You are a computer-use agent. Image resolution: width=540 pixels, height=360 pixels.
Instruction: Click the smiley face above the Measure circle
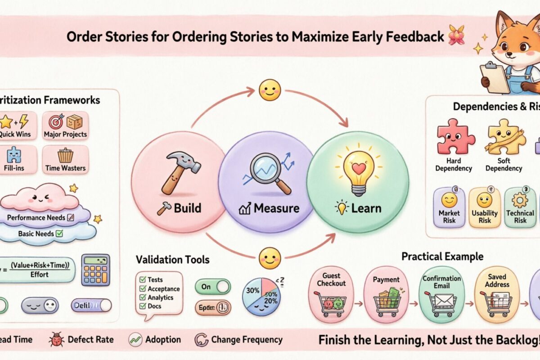coord(270,90)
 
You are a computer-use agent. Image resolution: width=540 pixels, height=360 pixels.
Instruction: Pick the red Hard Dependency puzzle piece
coord(456,137)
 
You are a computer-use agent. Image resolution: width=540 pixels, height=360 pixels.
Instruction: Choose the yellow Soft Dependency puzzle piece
coord(505,137)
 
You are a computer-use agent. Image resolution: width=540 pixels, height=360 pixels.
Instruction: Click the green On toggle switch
coord(212,286)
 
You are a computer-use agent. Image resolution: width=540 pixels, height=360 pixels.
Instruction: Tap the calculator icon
coord(95,270)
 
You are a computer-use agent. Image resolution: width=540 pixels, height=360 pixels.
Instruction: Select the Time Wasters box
coord(65,160)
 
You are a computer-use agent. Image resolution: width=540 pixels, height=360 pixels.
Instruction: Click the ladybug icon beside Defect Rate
coord(58,340)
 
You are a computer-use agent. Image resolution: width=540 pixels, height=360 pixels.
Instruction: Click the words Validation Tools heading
coord(173,260)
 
